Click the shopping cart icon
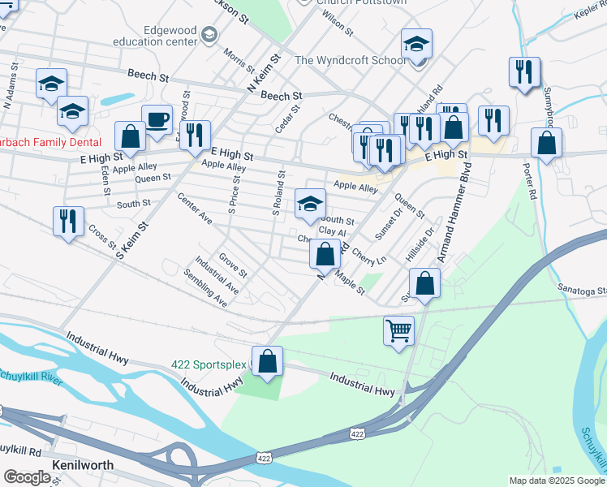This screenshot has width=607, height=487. point(398,330)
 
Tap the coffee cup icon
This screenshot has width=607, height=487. point(157,120)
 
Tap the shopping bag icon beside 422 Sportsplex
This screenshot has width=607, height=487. point(267,361)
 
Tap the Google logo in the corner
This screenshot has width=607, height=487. point(27,477)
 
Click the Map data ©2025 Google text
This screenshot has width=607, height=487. point(557,481)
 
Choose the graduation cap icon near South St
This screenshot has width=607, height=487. point(309,205)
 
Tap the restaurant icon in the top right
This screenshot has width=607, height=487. point(524,72)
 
